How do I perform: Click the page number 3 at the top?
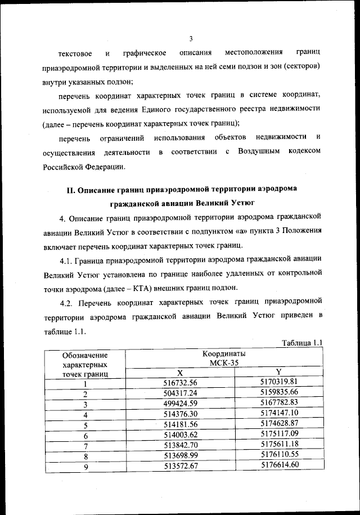[x=191, y=38]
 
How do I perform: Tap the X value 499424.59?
[x=180, y=404]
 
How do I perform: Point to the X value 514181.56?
[x=180, y=425]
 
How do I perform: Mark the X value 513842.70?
[x=180, y=446]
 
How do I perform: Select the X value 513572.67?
[x=180, y=467]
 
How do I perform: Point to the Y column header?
[x=278, y=371]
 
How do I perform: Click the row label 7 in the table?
[x=85, y=446]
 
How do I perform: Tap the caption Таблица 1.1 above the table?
[x=300, y=342]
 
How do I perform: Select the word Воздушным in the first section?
[x=259, y=152]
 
